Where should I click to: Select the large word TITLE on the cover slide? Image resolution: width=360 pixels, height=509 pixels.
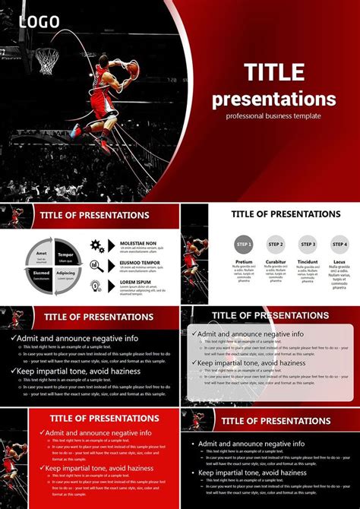click(x=275, y=73)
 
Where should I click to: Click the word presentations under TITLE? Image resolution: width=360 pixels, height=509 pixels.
click(x=274, y=99)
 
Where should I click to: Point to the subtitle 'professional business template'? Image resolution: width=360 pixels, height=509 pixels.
click(x=273, y=115)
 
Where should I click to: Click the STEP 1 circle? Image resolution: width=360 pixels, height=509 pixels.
click(x=243, y=245)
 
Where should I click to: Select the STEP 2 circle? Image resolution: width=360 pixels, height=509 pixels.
click(x=276, y=245)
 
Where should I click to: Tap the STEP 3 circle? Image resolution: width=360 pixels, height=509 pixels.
click(x=308, y=245)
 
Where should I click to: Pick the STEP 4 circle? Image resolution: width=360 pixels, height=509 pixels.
click(x=339, y=245)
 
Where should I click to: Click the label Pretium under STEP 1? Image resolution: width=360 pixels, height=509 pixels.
click(x=243, y=261)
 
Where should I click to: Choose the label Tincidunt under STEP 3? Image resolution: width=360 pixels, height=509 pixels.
click(x=308, y=261)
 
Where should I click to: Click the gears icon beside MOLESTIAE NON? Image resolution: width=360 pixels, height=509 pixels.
click(x=97, y=245)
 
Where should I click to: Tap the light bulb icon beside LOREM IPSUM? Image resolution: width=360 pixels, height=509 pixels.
click(x=96, y=286)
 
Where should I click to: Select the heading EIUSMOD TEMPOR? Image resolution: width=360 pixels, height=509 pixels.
click(x=140, y=263)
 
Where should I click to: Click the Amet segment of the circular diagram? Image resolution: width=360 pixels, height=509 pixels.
click(x=41, y=255)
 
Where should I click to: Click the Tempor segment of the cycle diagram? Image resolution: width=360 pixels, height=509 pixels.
click(x=65, y=255)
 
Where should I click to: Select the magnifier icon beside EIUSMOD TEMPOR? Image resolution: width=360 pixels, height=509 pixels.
click(x=96, y=265)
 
